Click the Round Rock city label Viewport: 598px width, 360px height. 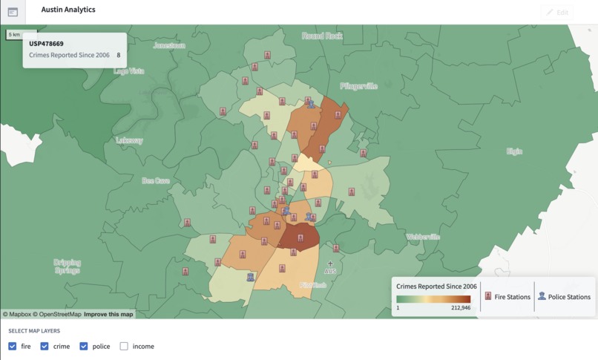[323, 36]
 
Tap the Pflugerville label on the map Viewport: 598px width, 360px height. [359, 86]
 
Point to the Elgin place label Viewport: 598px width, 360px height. [514, 151]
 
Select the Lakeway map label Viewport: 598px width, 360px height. [129, 140]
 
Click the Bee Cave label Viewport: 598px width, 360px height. [156, 180]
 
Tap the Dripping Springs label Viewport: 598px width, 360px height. [68, 266]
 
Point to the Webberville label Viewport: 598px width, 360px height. [423, 237]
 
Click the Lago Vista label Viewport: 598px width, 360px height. [129, 71]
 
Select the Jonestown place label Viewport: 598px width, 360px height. [169, 45]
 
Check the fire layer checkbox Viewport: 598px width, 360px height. [13, 346]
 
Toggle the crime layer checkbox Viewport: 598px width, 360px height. [45, 346]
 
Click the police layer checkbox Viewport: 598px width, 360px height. [84, 346]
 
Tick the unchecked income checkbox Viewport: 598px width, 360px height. [124, 346]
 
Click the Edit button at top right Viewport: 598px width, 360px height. [558, 12]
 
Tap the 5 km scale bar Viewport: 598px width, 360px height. [14, 35]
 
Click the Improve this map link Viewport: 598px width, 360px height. [108, 314]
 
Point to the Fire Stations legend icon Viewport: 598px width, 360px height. [488, 296]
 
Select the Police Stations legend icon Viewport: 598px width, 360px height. [542, 296]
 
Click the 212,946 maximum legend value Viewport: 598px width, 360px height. [460, 307]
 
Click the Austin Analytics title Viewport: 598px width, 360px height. [68, 10]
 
